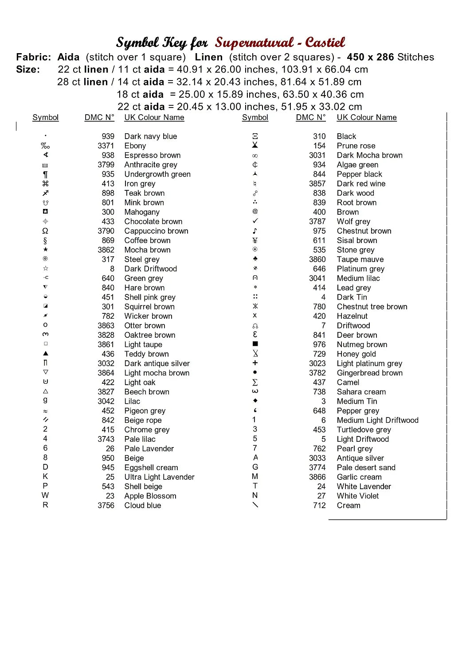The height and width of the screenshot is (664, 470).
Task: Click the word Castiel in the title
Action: (325, 42)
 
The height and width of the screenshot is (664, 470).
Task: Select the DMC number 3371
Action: (106, 146)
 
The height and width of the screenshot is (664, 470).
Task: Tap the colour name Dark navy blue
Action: (150, 136)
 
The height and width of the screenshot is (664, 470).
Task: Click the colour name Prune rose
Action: (356, 146)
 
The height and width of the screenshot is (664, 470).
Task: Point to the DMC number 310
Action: (319, 136)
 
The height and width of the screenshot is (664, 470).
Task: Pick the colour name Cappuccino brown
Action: (156, 231)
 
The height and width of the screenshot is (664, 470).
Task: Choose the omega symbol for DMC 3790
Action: (45, 231)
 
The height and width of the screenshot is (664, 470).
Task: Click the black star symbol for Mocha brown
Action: (45, 250)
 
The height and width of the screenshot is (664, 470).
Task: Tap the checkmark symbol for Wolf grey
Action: (255, 221)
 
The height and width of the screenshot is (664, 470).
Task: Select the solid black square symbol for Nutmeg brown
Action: (255, 344)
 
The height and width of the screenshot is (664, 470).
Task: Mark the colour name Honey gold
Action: (356, 354)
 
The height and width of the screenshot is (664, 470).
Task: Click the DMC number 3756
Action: (106, 506)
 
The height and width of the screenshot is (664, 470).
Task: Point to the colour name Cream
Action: (349, 506)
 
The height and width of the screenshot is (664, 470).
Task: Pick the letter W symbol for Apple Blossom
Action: (45, 495)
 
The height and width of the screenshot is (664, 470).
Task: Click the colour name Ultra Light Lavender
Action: (159, 477)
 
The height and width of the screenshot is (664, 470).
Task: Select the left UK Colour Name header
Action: (154, 117)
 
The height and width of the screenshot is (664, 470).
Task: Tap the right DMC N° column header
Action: (310, 117)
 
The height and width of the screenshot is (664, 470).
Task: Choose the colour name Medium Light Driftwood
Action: (377, 420)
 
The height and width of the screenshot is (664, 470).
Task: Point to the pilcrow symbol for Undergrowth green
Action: (45, 174)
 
